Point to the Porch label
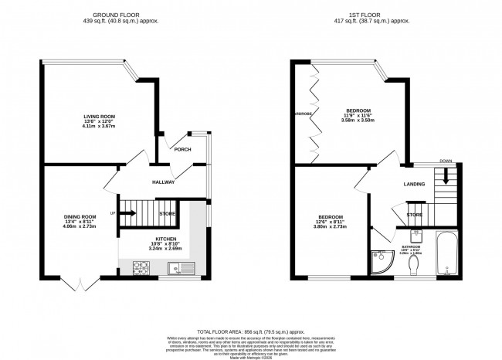click(x=182, y=150)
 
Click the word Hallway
click(x=163, y=182)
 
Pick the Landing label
click(x=415, y=185)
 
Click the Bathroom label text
click(x=420, y=247)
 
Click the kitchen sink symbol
click(x=175, y=269)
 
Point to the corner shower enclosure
click(x=381, y=262)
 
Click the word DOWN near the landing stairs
click(x=446, y=161)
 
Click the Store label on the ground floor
click(x=167, y=213)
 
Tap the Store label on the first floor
click(x=415, y=214)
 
